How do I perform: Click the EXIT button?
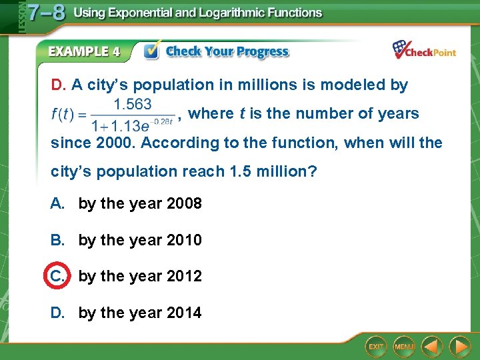[x=376, y=346]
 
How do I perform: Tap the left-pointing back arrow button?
[x=433, y=346]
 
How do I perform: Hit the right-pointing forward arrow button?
[x=459, y=346]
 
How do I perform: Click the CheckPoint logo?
[x=424, y=50]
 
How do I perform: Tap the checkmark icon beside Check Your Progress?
[x=152, y=51]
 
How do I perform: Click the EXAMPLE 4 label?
[x=83, y=51]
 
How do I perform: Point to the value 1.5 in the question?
[x=240, y=171]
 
